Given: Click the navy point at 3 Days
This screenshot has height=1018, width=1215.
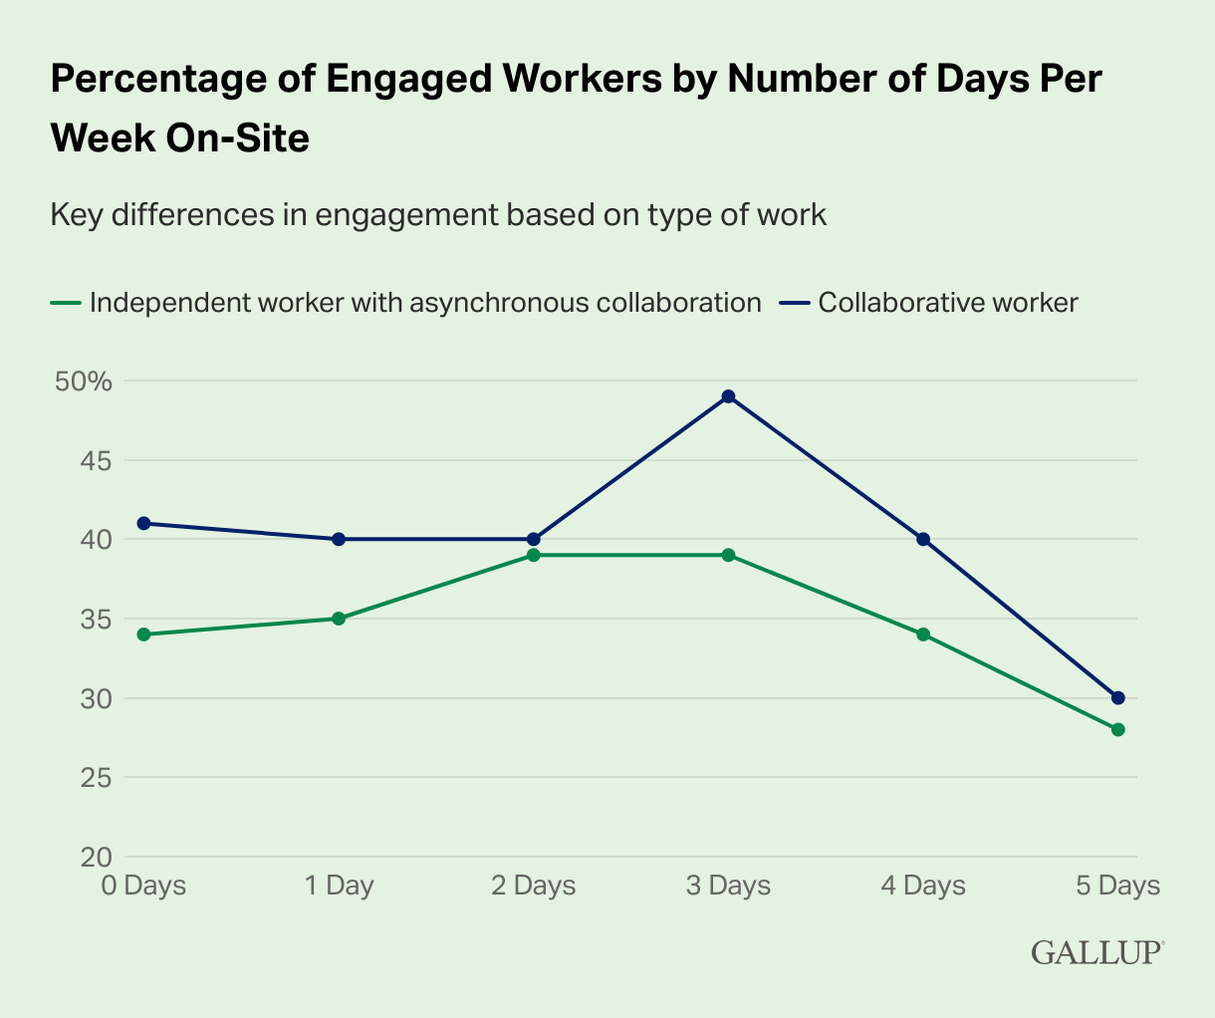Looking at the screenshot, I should [728, 396].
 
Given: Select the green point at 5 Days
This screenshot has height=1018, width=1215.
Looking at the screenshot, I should [1117, 729].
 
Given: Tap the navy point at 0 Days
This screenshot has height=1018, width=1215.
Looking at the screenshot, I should [143, 523].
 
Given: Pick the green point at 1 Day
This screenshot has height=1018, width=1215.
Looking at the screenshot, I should [339, 619].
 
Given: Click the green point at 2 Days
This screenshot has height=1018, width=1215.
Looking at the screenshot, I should [533, 555].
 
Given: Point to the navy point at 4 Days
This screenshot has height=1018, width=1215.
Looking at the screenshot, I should [923, 539].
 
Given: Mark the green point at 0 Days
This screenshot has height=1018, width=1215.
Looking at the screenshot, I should [143, 635].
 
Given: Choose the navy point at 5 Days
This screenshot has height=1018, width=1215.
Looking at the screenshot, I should [1117, 697].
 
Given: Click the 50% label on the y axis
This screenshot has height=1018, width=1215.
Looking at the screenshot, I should [85, 382].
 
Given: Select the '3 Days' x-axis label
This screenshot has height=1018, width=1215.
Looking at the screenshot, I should [728, 886].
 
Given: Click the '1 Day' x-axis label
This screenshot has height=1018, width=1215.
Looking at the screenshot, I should [339, 886].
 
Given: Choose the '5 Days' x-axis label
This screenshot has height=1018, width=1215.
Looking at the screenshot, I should [1117, 886].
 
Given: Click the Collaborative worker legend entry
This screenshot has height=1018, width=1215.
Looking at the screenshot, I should [947, 303].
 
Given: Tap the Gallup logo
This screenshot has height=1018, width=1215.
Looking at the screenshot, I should [1096, 952].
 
